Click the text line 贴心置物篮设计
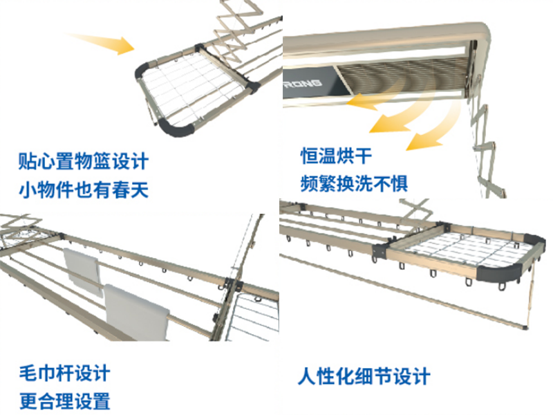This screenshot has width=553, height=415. (84, 161)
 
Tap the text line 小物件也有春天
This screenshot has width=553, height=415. (84, 190)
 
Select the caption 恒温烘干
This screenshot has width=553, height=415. (336, 156)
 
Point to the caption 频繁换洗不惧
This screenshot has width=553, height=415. (354, 183)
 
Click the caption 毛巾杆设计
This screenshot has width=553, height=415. (64, 373)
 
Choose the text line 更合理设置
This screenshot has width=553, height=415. (64, 401)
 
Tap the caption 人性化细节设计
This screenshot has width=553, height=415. (364, 376)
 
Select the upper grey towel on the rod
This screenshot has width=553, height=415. (82, 271)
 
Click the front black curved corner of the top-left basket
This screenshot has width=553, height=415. (176, 128)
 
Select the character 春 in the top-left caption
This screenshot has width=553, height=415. (121, 190)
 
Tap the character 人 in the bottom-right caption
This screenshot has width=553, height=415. (307, 376)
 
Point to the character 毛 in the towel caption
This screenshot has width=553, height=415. (28, 373)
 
